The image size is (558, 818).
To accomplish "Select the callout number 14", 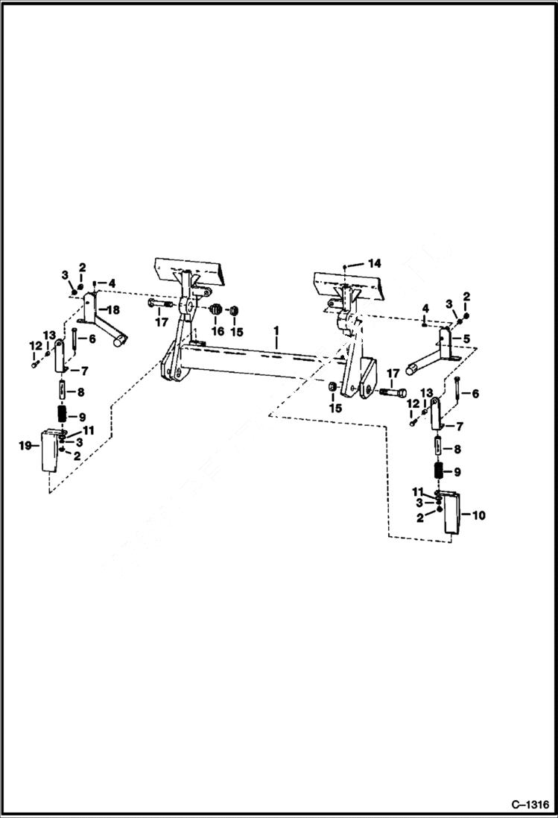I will point(374,263).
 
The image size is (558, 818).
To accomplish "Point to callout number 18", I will point(114,309).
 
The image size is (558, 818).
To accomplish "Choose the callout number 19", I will point(25,445).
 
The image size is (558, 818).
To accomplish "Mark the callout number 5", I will point(467,338).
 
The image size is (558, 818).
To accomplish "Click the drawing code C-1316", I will point(530,805).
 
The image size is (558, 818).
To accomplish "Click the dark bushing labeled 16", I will point(214,309).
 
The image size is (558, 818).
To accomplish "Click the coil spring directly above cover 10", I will point(440,471).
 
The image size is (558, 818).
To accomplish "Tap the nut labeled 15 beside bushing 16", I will point(232,310).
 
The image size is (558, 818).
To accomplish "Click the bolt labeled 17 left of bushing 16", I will point(159,304).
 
